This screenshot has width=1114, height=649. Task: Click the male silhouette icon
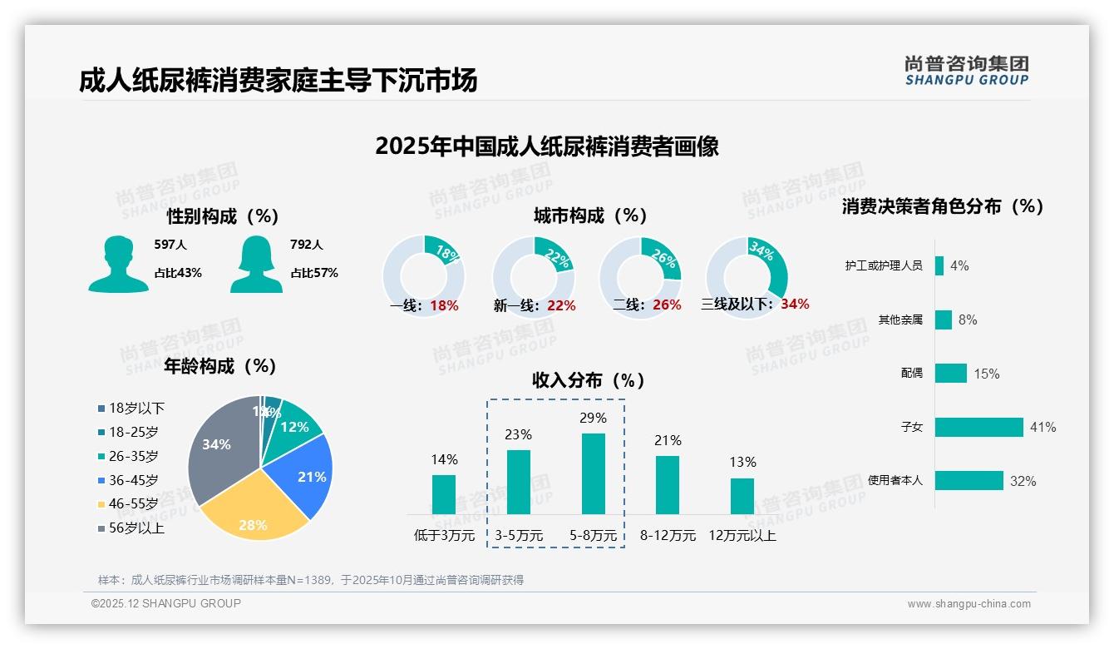118,264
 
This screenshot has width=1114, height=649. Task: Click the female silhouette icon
256,264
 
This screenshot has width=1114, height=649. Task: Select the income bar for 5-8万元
593,473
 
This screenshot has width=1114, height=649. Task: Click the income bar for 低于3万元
444,494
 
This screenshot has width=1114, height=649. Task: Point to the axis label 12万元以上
742,535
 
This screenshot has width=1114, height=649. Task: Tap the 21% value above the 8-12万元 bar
668,440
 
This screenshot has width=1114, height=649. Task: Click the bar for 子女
978,427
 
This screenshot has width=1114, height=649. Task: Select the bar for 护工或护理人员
939,265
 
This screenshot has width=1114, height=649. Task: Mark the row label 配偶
912,374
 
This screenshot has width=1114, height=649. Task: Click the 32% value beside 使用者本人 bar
1023,481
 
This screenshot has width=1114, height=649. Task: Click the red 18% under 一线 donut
444,305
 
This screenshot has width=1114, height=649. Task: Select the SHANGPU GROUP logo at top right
966,70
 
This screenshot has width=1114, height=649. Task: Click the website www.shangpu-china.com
969,604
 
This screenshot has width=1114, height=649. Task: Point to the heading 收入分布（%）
589,380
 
